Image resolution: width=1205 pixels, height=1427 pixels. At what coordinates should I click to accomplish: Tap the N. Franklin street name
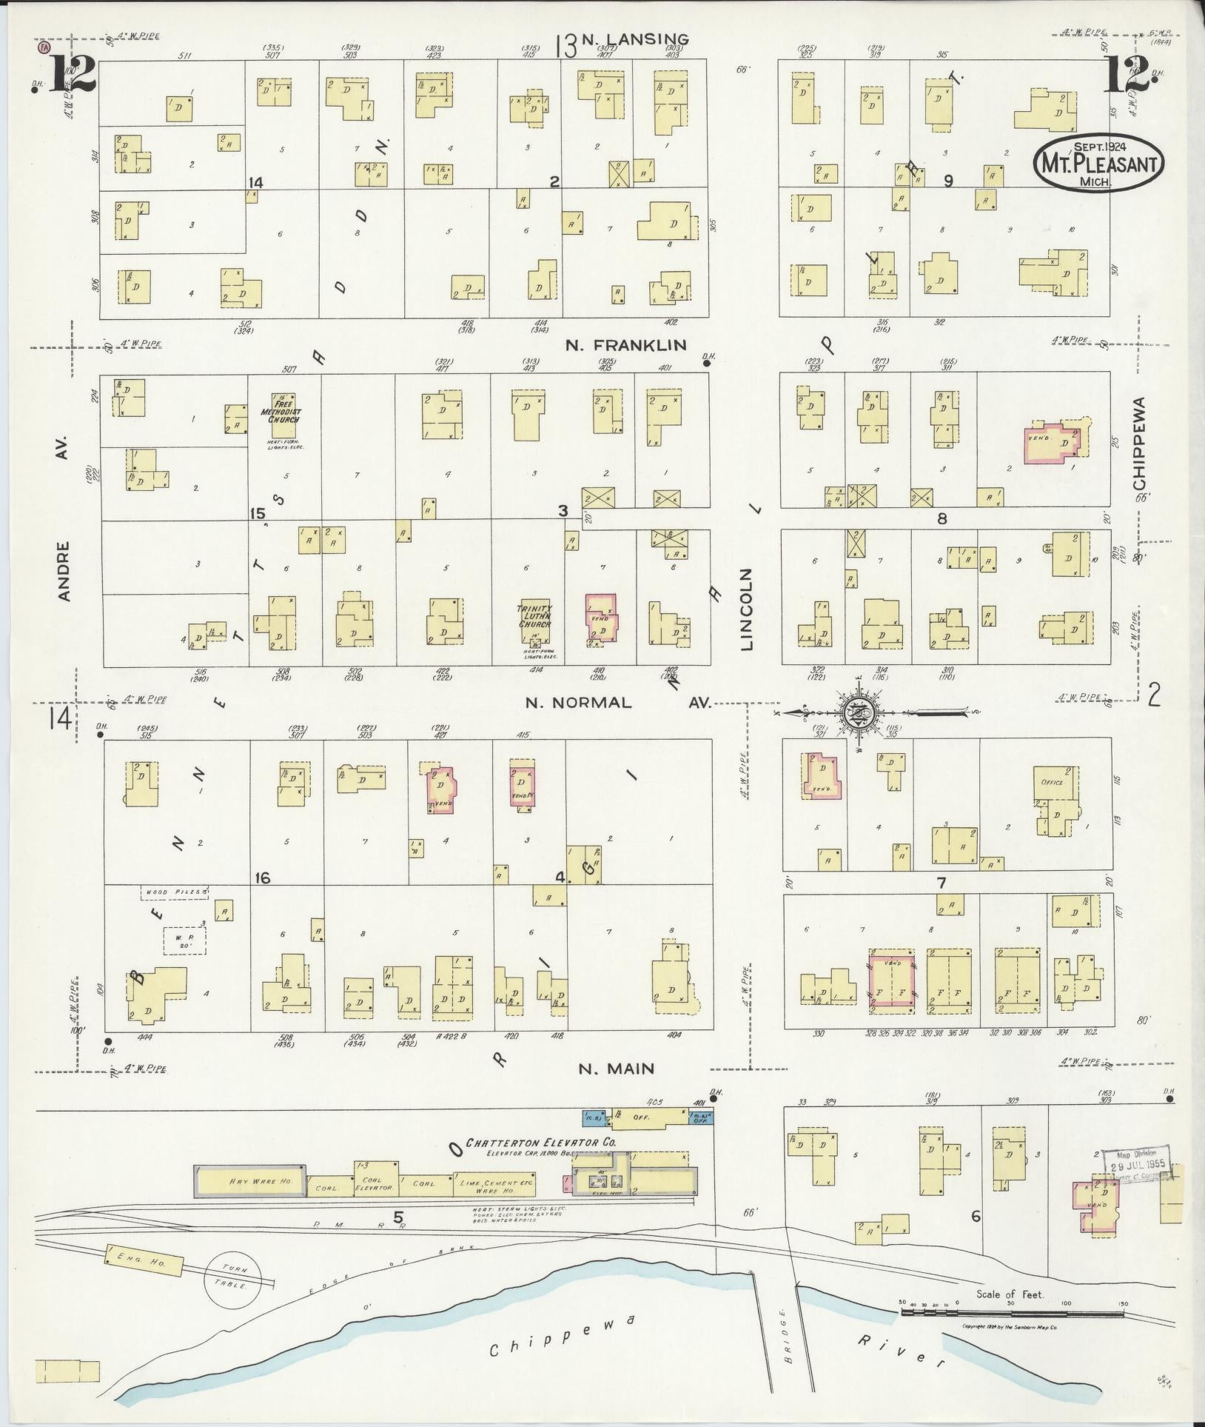[x=626, y=344]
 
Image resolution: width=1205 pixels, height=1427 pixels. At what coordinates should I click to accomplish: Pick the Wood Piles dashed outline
[x=175, y=892]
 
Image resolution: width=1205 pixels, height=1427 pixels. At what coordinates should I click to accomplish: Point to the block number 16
[x=262, y=878]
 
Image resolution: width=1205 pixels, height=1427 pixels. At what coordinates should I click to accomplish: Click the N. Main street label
[x=616, y=1069]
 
